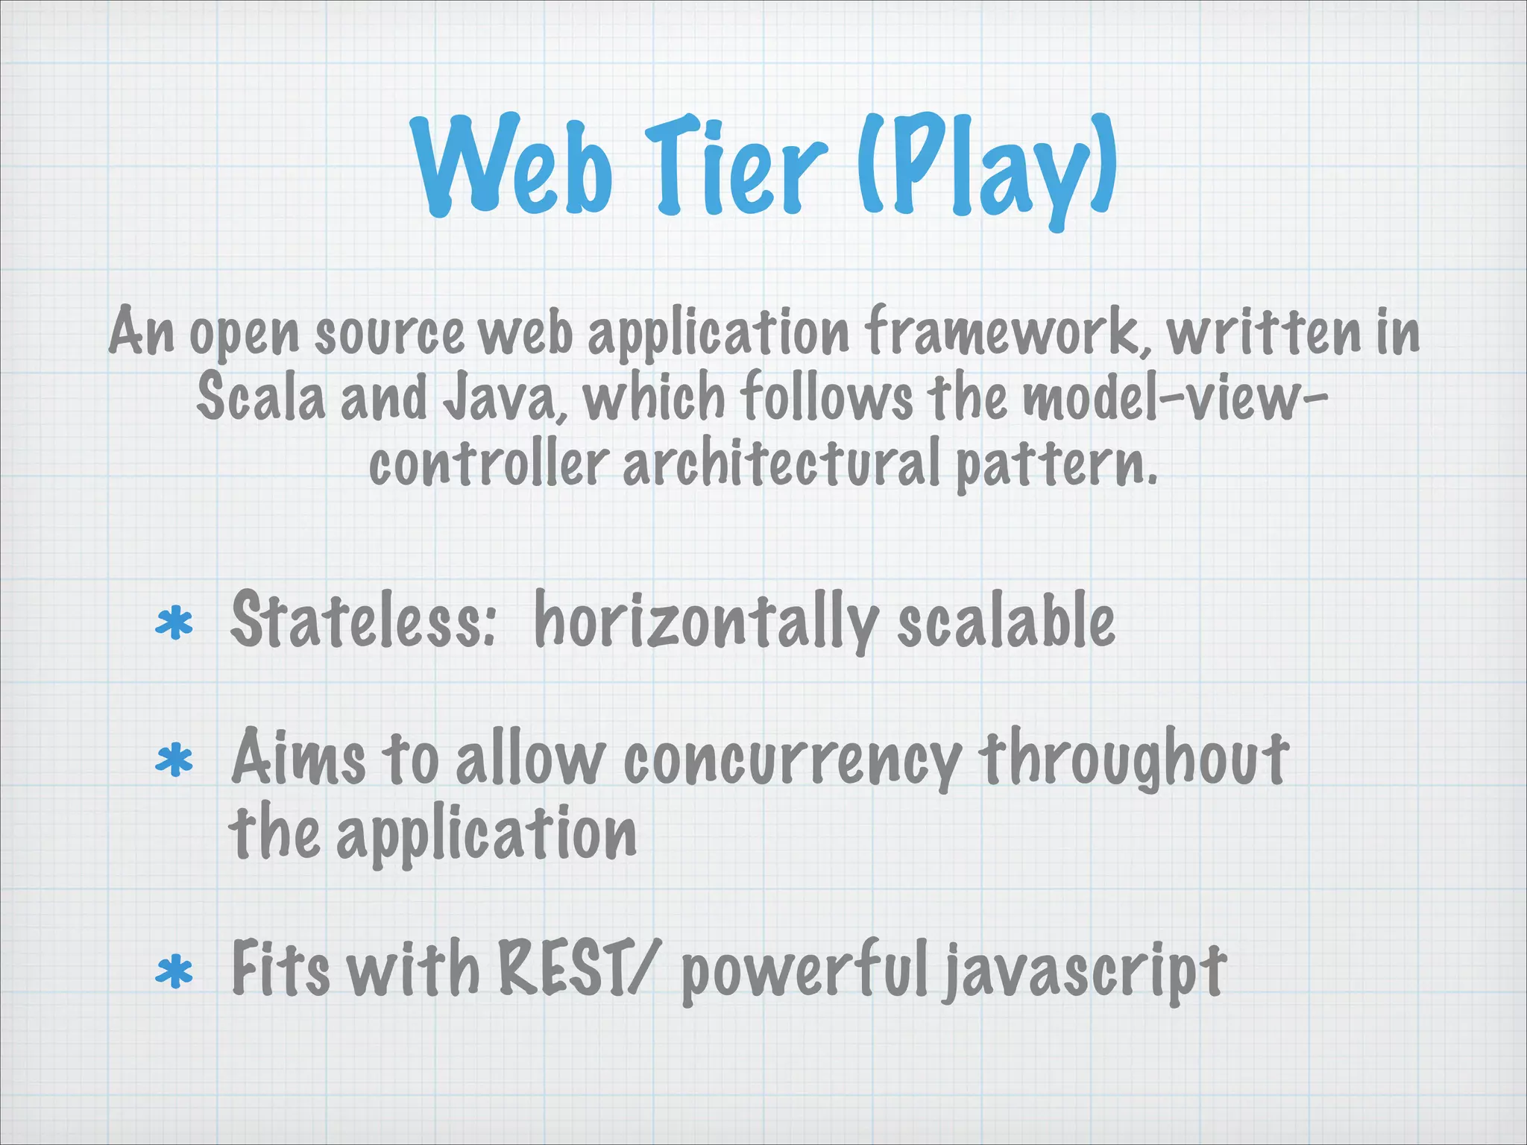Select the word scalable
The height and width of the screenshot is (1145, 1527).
1006,620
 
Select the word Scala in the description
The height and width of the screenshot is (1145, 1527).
261,397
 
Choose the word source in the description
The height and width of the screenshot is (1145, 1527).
388,333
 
